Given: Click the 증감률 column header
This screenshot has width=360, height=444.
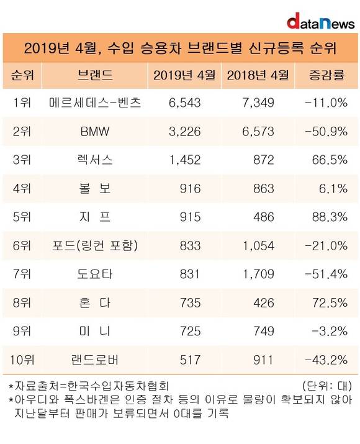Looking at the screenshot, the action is pyautogui.click(x=326, y=75).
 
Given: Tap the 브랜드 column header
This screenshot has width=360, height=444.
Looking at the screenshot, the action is pyautogui.click(x=95, y=75).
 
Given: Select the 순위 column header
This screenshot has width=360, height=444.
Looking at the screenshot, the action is pyautogui.click(x=22, y=75).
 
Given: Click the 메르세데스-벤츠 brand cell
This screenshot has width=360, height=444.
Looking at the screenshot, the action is pyautogui.click(x=95, y=102).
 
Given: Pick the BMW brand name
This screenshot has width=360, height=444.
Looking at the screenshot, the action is pyautogui.click(x=95, y=132).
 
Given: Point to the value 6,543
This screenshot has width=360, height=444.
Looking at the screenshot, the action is pyautogui.click(x=184, y=102).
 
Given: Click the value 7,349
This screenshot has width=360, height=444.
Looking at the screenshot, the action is pyautogui.click(x=258, y=102).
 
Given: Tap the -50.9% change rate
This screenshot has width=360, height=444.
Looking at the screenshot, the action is pyautogui.click(x=326, y=132).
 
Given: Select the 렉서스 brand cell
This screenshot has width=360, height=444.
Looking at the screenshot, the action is pyautogui.click(x=95, y=160).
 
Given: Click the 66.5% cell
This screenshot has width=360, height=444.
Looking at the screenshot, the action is pyautogui.click(x=330, y=160).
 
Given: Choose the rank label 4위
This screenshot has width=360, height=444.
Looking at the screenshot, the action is pyautogui.click(x=22, y=189).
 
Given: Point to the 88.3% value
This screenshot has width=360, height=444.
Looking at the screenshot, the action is pyautogui.click(x=330, y=217).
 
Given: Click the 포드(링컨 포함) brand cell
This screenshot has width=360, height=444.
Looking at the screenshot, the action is pyautogui.click(x=95, y=245).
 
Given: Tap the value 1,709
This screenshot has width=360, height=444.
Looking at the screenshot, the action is pyautogui.click(x=258, y=274).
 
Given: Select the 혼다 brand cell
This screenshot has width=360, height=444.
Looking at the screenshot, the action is pyautogui.click(x=95, y=302).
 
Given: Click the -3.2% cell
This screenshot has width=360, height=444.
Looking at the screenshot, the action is pyautogui.click(x=330, y=332).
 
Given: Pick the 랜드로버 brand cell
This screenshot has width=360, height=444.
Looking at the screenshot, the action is pyautogui.click(x=95, y=360).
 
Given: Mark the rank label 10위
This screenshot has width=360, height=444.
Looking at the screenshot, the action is pyautogui.click(x=22, y=360).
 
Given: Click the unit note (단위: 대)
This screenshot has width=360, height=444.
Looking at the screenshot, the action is pyautogui.click(x=327, y=386).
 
